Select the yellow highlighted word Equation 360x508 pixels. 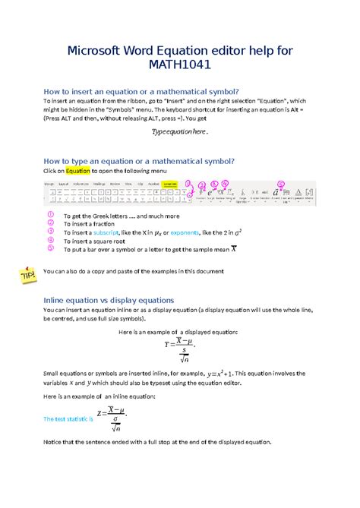click(78, 171)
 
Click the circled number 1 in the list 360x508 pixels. click(50, 214)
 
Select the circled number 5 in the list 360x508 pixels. click(50, 248)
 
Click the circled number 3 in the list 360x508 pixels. click(50, 231)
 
